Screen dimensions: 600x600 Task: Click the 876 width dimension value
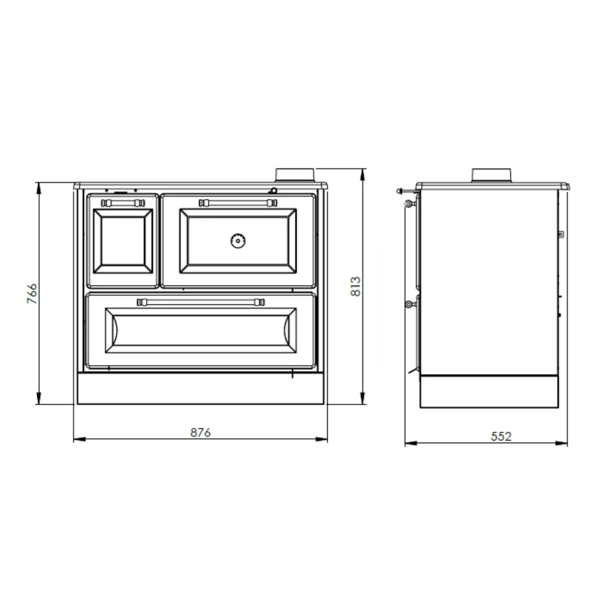(x=201, y=432)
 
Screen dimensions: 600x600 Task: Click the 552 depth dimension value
(x=501, y=436)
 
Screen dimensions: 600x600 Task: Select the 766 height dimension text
(x=32, y=293)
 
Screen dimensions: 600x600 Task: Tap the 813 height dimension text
(x=356, y=287)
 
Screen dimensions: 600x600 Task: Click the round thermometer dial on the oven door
(x=238, y=241)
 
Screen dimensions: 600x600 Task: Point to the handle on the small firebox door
(x=123, y=203)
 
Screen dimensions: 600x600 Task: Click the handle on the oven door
(x=238, y=203)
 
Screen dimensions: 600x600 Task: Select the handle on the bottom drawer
(x=201, y=302)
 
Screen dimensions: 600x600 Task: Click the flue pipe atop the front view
(x=295, y=175)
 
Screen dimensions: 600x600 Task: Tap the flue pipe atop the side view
(x=492, y=175)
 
